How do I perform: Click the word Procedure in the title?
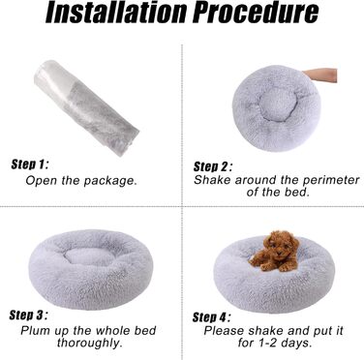(x=257, y=13)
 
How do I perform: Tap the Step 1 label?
(x=30, y=165)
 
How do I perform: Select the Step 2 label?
(x=213, y=166)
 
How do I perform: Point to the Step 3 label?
(x=28, y=315)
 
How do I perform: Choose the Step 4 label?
(x=212, y=317)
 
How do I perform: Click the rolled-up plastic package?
(x=86, y=107)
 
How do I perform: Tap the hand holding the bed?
(x=320, y=75)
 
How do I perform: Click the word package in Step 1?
(x=110, y=181)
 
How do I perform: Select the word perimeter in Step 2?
(x=331, y=180)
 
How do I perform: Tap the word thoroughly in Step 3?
(x=90, y=343)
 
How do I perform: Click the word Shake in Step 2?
(x=212, y=180)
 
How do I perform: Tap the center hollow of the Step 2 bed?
(x=277, y=101)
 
